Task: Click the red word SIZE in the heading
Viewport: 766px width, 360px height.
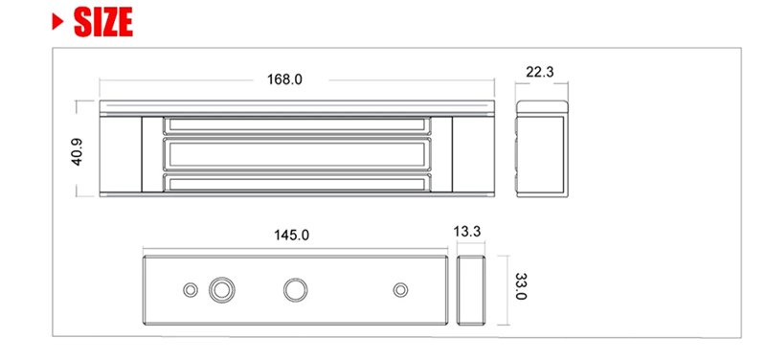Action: point(103,22)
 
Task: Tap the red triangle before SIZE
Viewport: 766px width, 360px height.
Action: point(57,22)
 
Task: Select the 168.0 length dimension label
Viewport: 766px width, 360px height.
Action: point(284,79)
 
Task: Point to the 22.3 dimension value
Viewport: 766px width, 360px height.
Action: point(540,72)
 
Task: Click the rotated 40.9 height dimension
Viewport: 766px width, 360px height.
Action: point(78,152)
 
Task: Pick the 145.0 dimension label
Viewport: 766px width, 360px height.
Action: point(292,235)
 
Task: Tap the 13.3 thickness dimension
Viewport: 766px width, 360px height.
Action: point(467,232)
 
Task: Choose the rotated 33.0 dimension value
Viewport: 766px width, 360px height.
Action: point(521,286)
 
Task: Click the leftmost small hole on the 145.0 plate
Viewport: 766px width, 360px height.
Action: point(191,290)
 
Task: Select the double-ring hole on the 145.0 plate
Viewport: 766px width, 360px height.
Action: point(222,290)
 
